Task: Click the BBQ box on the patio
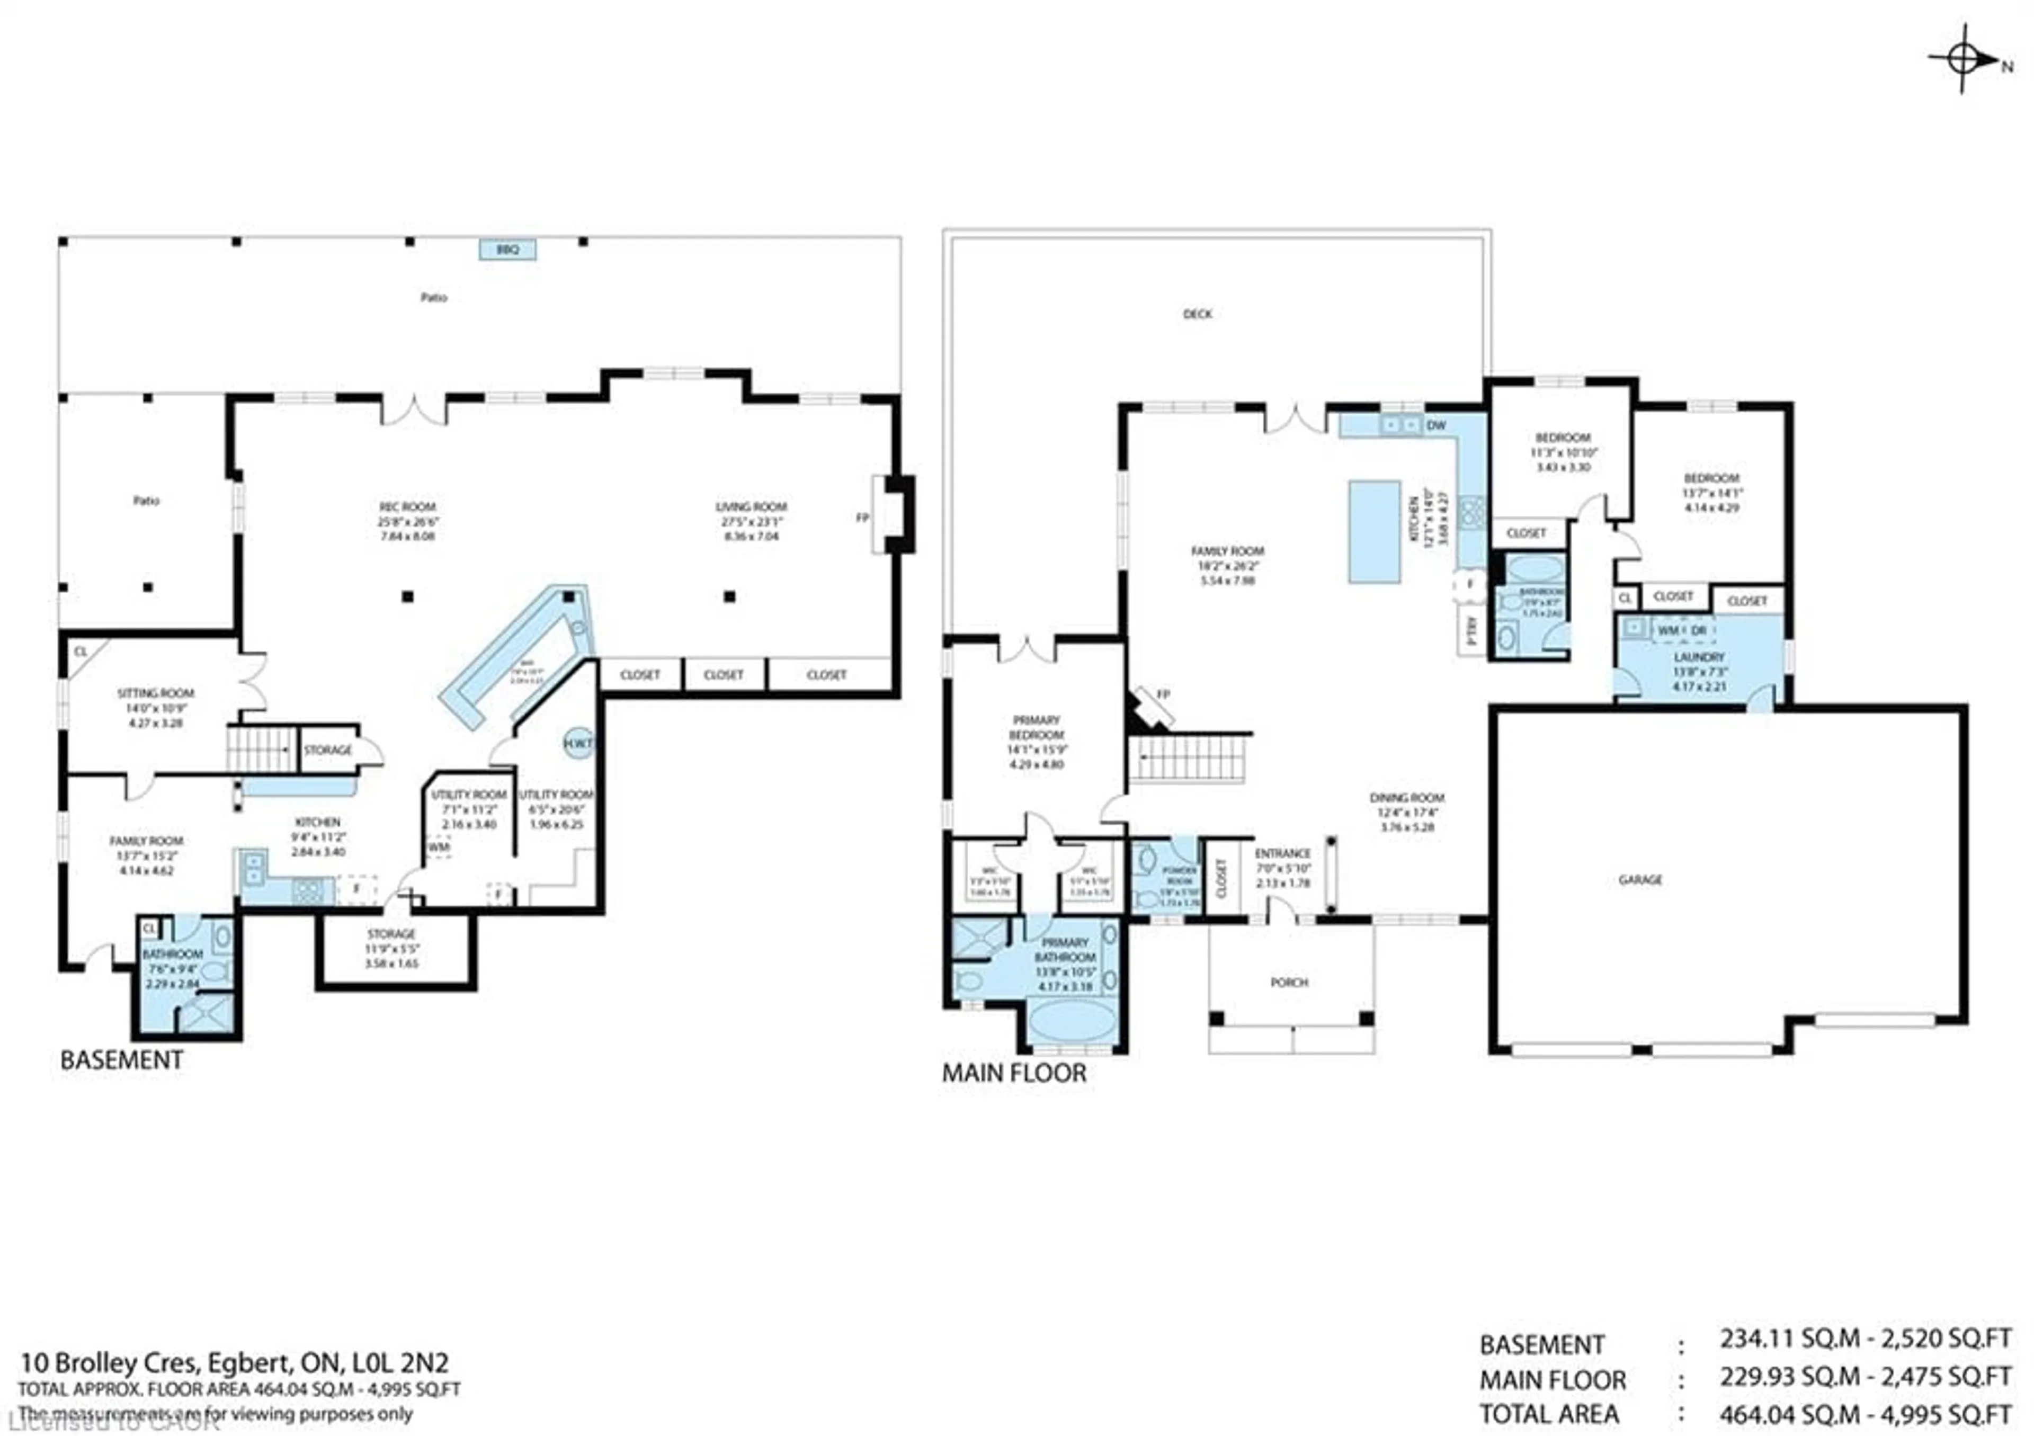pyautogui.click(x=507, y=250)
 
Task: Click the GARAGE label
pyautogui.click(x=1640, y=880)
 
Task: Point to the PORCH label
pyautogui.click(x=1289, y=983)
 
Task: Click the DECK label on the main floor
pyautogui.click(x=1197, y=314)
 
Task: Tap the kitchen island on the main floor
pyautogui.click(x=1374, y=531)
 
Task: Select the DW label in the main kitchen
pyautogui.click(x=1436, y=425)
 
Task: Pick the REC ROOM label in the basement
pyautogui.click(x=407, y=507)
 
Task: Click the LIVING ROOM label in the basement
pyautogui.click(x=751, y=507)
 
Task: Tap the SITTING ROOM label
pyautogui.click(x=156, y=693)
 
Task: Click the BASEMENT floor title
pyautogui.click(x=121, y=1060)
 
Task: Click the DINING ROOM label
pyautogui.click(x=1407, y=797)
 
